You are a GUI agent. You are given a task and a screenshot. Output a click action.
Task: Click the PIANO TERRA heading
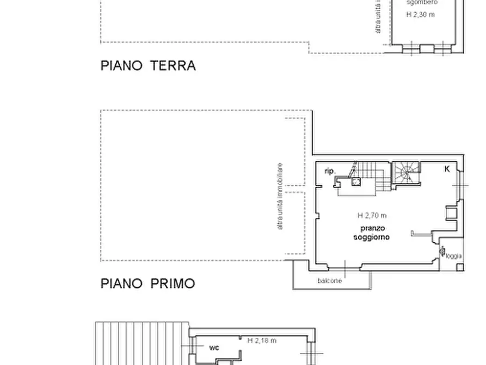[148, 66]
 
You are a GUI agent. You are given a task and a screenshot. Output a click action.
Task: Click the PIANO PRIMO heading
[147, 283]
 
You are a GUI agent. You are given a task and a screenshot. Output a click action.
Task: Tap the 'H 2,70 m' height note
[372, 215]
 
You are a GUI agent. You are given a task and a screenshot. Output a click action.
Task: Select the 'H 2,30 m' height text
[421, 15]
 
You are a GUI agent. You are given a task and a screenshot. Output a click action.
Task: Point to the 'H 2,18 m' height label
[262, 340]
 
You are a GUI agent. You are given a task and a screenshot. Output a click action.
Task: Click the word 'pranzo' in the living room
[372, 228]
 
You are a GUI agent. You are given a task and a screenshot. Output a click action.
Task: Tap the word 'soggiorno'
[372, 237]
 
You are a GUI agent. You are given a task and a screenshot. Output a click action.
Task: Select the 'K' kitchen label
[447, 169]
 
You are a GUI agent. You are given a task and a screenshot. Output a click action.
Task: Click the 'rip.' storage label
[329, 171]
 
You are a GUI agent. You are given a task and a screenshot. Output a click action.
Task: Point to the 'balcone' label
[330, 281]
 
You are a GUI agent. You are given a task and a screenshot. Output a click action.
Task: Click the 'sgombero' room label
[421, 2]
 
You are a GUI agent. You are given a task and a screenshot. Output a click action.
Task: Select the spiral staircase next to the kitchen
[404, 173]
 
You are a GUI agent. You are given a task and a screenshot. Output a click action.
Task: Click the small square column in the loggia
[460, 267]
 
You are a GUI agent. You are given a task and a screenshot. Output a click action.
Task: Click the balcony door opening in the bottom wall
[346, 267]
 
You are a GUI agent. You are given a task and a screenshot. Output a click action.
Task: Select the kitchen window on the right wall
[462, 185]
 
